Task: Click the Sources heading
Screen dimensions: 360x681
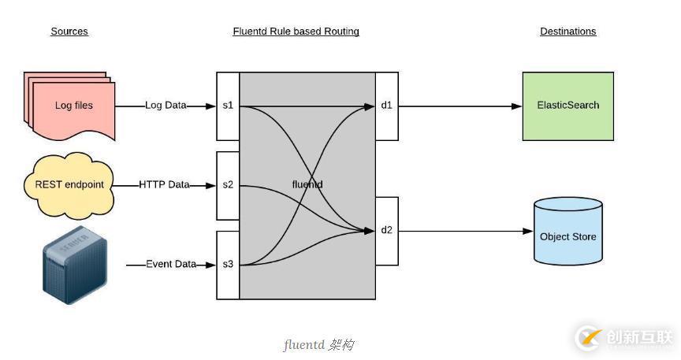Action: click(x=69, y=32)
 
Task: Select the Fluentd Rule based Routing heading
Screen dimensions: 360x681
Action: click(x=296, y=32)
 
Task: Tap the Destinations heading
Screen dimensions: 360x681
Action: click(x=567, y=32)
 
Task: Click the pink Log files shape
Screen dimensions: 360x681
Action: click(x=72, y=106)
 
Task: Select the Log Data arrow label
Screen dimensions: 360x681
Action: click(x=166, y=105)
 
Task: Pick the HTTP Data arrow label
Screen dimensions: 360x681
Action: click(x=164, y=184)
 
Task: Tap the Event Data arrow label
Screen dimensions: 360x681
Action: click(x=170, y=264)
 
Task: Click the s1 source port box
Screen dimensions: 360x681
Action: click(x=228, y=106)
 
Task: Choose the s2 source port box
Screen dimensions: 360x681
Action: click(x=228, y=185)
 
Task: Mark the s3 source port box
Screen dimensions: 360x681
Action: click(x=228, y=265)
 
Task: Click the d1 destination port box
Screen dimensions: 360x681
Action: click(x=386, y=106)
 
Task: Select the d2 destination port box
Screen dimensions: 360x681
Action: click(x=386, y=230)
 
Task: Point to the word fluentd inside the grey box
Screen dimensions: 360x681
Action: click(x=307, y=184)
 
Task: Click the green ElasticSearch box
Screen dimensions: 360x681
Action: click(x=567, y=106)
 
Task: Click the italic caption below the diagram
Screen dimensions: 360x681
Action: click(x=318, y=345)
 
